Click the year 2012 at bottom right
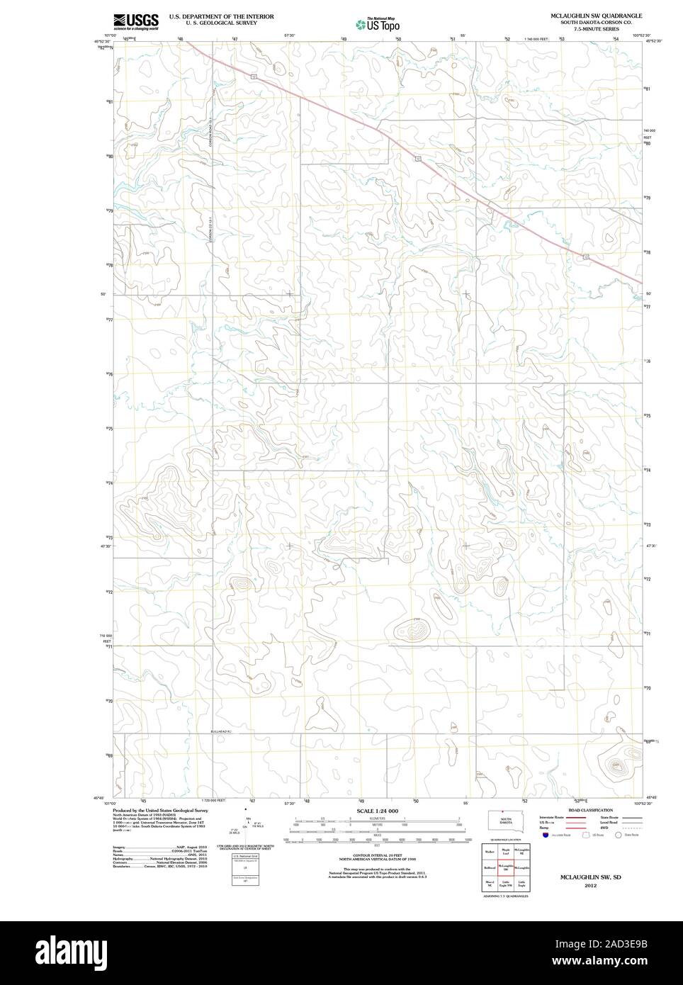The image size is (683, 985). click(590, 885)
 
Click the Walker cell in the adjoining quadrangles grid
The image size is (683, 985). click(489, 850)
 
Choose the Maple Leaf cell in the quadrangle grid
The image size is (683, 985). click(506, 850)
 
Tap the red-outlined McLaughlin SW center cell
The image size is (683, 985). click(506, 867)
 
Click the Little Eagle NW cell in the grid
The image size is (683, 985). click(506, 884)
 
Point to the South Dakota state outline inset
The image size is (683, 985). click(504, 820)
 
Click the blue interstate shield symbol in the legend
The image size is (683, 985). click(545, 835)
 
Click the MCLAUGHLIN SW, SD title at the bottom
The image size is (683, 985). click(589, 877)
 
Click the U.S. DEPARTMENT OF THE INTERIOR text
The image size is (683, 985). click(221, 16)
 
